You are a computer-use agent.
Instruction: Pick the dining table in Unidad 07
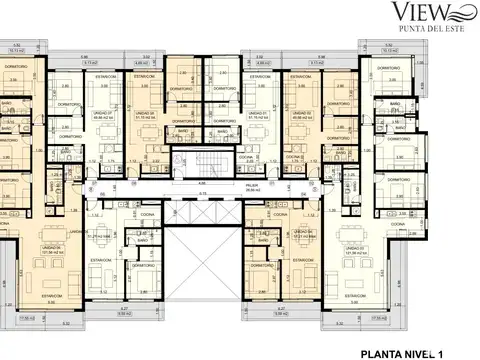pos(100,92)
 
